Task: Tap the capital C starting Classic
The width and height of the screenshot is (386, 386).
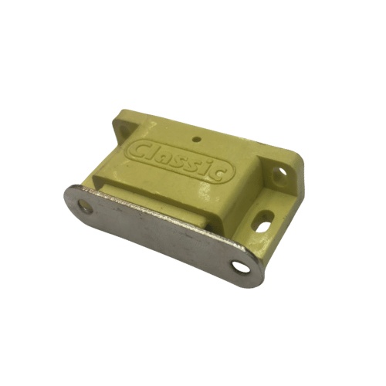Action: [x=140, y=151]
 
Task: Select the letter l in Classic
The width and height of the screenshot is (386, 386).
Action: [x=153, y=153]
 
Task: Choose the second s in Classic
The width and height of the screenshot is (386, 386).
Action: [x=197, y=164]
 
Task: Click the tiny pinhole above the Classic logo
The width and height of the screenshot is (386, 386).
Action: [x=197, y=140]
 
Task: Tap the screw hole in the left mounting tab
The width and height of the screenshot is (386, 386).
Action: [x=124, y=130]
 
